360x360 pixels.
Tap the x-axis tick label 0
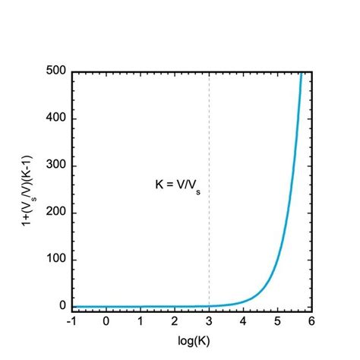[106, 321]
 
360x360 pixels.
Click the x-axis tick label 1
[141, 321]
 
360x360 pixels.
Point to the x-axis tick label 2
[175, 321]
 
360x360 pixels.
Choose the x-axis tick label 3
[209, 321]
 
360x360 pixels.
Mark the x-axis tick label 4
[243, 321]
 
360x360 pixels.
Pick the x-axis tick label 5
[278, 321]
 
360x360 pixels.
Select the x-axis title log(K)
[192, 341]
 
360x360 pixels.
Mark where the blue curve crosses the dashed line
[209, 306]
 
